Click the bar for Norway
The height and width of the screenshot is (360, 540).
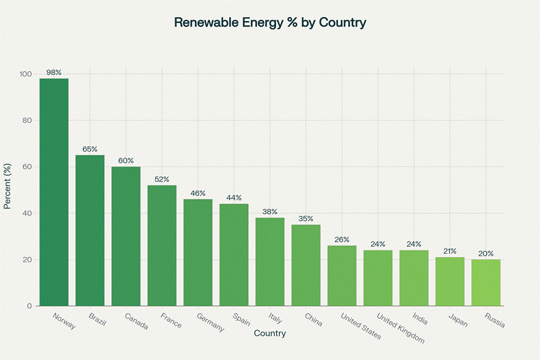click(x=54, y=192)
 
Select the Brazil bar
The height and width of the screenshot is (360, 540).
click(x=90, y=230)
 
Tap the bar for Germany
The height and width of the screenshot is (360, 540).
click(x=198, y=252)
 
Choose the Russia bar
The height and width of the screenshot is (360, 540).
click(x=486, y=282)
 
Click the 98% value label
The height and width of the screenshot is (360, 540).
click(x=54, y=72)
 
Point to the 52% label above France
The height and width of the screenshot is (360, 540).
click(x=162, y=179)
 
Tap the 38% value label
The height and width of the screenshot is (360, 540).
click(x=270, y=211)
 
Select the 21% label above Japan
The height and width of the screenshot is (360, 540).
click(x=450, y=251)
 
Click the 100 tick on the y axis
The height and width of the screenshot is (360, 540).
click(x=26, y=74)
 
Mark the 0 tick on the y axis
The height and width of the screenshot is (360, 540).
click(x=30, y=306)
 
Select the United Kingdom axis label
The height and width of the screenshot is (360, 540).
click(x=401, y=329)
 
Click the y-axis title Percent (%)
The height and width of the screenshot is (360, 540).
click(x=7, y=190)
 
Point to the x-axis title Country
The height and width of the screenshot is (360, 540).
click(x=269, y=334)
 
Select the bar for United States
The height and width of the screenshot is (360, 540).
click(x=342, y=275)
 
